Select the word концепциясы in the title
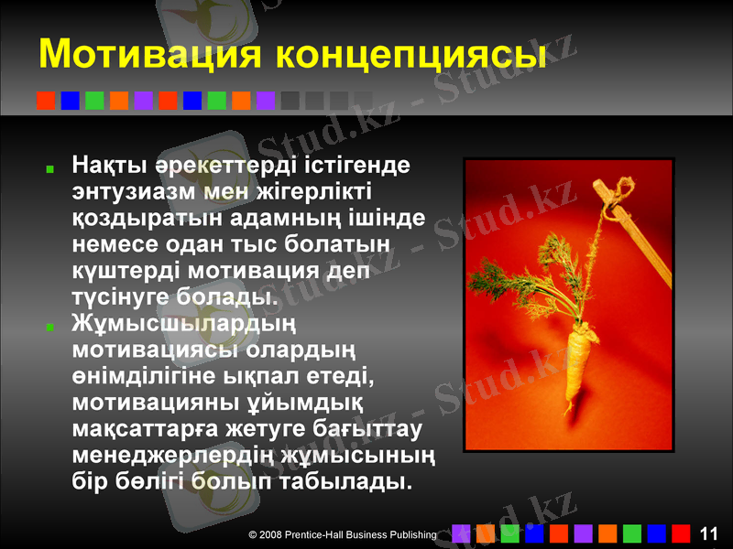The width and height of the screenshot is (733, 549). pyautogui.click(x=411, y=55)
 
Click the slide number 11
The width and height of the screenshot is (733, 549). pyautogui.click(x=707, y=533)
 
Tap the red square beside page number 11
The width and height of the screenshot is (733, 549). pyautogui.click(x=680, y=533)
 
